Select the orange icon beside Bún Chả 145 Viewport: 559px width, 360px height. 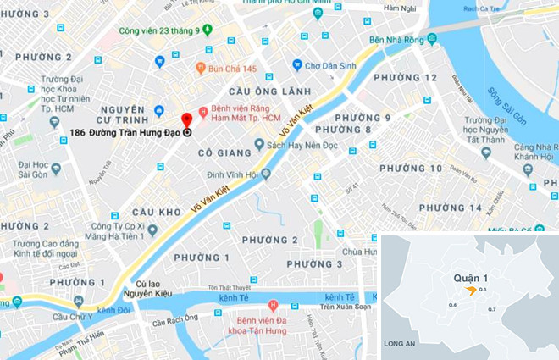201,67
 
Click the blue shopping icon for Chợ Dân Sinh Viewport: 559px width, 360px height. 297,65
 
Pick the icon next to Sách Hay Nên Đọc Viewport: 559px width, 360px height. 260,147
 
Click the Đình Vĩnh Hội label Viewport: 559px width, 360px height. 231,174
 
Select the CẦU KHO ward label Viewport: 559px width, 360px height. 157,211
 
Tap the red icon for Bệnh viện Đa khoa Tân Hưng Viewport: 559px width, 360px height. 273,306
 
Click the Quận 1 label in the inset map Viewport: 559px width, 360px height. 463,276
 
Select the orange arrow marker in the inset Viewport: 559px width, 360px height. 470,291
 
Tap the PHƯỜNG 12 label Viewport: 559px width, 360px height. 409,78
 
